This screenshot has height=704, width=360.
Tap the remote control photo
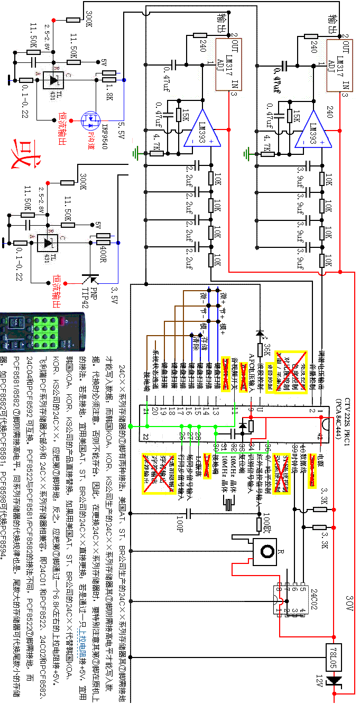tap(42, 331)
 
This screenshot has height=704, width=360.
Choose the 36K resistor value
tap(267, 349)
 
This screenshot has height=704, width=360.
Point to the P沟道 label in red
tap(91, 138)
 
